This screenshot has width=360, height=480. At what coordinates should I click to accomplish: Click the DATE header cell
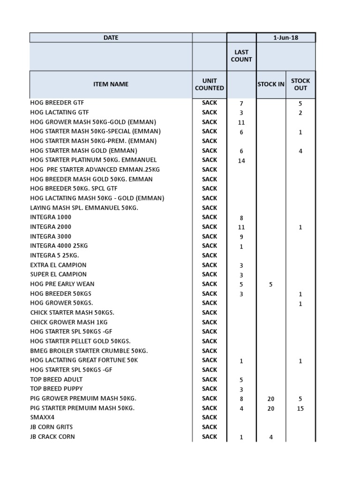tap(111, 37)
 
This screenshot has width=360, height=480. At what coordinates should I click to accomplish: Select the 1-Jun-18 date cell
tap(285, 37)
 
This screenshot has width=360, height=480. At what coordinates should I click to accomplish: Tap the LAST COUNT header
tap(241, 56)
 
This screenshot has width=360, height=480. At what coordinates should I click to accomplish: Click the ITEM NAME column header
tap(111, 84)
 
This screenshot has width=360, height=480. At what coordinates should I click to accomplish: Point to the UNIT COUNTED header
tap(210, 84)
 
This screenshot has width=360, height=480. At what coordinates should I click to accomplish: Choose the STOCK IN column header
tap(271, 84)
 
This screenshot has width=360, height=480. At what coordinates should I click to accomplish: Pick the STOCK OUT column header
tap(300, 84)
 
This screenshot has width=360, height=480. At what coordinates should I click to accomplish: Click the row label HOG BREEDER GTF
tap(57, 103)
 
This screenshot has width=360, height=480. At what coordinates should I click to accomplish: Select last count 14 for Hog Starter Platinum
tap(241, 161)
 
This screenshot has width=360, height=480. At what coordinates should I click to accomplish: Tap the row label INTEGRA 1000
tap(51, 217)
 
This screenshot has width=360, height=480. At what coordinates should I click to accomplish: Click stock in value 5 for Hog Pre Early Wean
tap(271, 285)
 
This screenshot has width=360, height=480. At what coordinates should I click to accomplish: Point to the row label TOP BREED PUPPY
tap(56, 389)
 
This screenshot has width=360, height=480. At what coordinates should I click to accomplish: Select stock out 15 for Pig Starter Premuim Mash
tap(300, 409)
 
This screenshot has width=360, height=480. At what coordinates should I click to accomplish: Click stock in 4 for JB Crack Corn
tap(271, 437)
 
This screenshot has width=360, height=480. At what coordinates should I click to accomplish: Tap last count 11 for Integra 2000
tap(241, 227)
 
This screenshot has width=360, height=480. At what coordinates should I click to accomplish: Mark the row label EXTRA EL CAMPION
tap(59, 265)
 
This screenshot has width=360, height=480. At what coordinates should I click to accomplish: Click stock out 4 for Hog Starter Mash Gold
tap(300, 151)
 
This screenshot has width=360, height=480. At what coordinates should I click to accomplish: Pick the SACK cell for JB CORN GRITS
tap(210, 427)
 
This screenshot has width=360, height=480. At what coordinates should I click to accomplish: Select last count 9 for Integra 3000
tap(241, 237)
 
